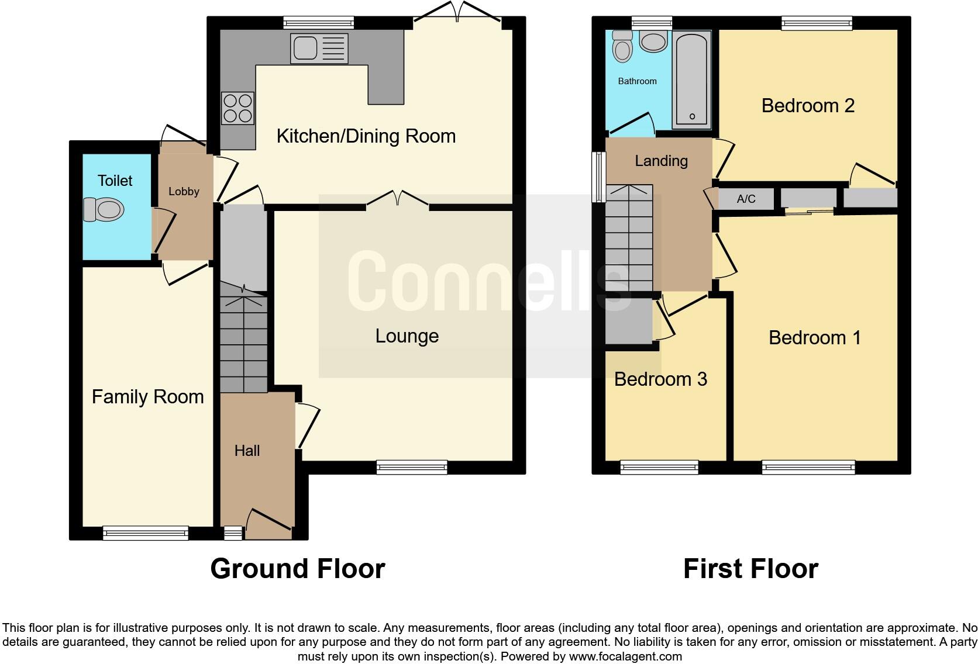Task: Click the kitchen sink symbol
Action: coord(319,48)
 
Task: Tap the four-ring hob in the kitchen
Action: coord(237,108)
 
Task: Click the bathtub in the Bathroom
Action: coord(691,80)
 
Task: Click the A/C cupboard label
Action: coord(746,199)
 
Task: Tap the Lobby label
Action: coord(184,191)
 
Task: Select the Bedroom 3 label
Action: coord(660,379)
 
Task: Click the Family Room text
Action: coord(147,397)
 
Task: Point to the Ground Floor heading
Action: coord(297,568)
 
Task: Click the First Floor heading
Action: coord(750,568)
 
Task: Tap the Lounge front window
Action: coord(412,467)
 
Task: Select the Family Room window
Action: coord(146,532)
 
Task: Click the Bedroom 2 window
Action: coord(817,23)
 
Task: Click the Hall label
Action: coord(247,451)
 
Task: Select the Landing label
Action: coord(661,161)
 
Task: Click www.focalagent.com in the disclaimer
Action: coord(625,656)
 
